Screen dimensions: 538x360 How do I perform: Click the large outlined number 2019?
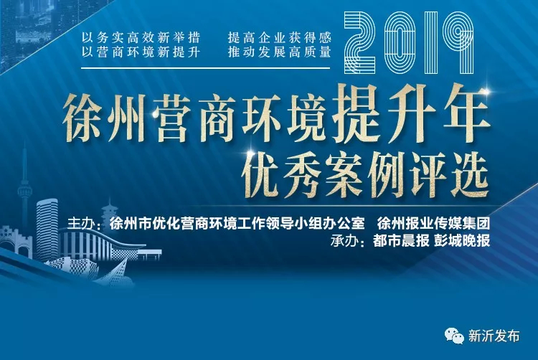[408, 43]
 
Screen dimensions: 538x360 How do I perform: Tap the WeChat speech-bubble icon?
[454, 336]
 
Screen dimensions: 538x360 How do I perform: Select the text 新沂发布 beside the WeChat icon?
[494, 336]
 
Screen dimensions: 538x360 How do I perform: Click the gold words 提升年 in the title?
[411, 115]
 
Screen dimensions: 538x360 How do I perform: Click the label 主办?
[80, 224]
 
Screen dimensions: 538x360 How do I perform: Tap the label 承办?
[344, 241]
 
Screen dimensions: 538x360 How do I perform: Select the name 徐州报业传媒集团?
[433, 224]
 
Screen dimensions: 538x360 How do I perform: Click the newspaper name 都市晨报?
[401, 241]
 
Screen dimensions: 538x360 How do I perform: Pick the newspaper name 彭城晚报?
[462, 241]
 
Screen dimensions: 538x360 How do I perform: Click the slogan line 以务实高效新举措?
[141, 37]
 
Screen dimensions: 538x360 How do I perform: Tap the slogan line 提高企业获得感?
[279, 37]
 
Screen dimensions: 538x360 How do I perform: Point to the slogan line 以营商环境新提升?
[141, 52]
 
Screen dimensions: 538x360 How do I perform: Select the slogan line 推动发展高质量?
[279, 52]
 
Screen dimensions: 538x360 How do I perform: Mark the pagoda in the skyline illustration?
[110, 214]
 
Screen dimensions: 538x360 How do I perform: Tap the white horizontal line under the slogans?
[206, 68]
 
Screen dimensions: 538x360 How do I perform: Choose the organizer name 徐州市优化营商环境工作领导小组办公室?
[237, 224]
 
